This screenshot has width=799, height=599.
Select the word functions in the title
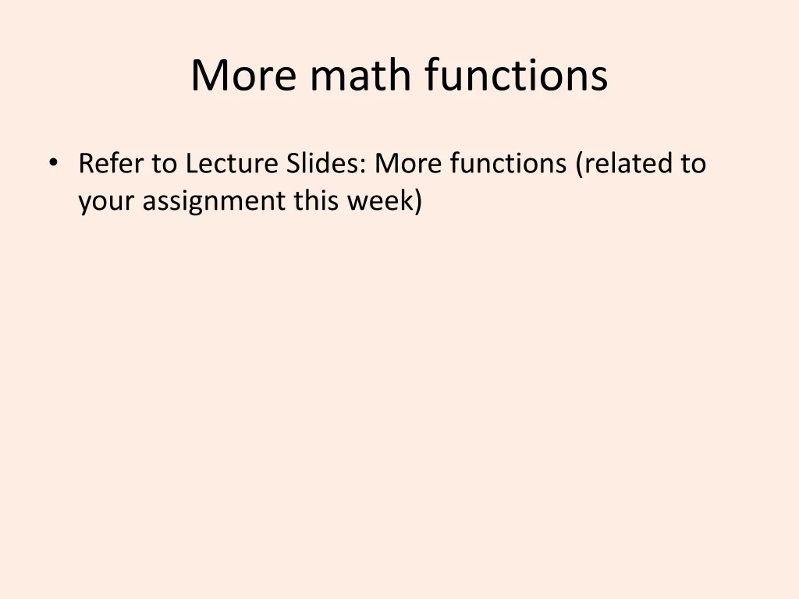click(x=517, y=76)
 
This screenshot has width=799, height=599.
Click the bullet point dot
click(x=52, y=162)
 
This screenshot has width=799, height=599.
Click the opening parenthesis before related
click(x=579, y=165)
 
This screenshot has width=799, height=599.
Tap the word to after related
click(x=692, y=164)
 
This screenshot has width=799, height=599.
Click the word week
click(x=379, y=200)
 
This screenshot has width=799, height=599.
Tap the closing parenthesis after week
click(x=417, y=201)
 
